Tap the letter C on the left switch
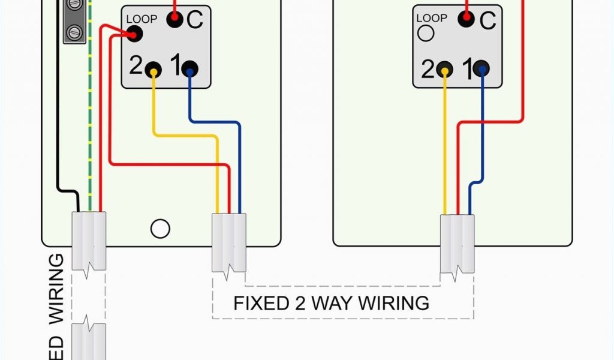pos(195,20)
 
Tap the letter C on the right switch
pos(487,20)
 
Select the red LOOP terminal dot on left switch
pos(135,34)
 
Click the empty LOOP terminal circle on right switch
pos(426,34)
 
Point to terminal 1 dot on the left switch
pos(190,69)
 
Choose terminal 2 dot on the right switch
pos(445,69)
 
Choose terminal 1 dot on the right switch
pos(481,69)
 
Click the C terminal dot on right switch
pos(466,19)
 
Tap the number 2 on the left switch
pos(136,66)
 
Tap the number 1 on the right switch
pos(466,69)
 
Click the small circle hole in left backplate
pos(160,229)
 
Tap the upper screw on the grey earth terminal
pos(74,5)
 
